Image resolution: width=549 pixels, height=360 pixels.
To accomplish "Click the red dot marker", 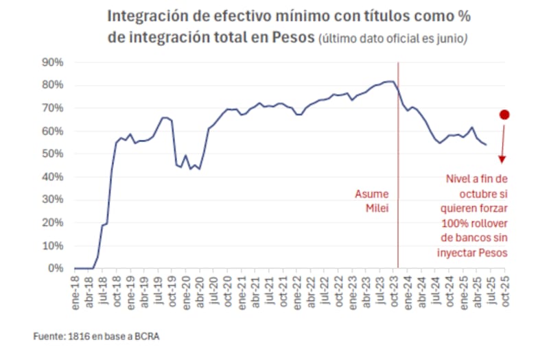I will tap(504, 115).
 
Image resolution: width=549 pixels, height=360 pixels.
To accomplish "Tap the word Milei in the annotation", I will tap(378, 208).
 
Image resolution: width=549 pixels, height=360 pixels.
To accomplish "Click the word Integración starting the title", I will tap(143, 15).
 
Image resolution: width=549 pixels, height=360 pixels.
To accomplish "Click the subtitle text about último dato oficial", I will tap(392, 39).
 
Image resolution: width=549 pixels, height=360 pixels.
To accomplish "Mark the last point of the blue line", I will tap(486, 145).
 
